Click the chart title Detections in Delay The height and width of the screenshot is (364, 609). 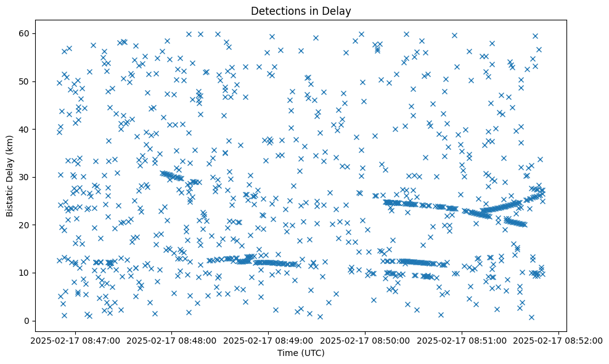click(301, 10)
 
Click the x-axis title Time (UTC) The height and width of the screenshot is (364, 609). click(301, 353)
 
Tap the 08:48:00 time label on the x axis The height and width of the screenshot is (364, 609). click(171, 340)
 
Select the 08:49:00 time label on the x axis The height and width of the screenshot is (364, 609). click(268, 340)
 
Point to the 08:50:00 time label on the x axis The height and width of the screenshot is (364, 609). click(366, 340)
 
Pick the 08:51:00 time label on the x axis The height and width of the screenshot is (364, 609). click(462, 340)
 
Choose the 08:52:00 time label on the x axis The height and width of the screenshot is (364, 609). click(559, 340)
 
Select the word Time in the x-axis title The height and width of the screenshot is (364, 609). click(286, 353)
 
